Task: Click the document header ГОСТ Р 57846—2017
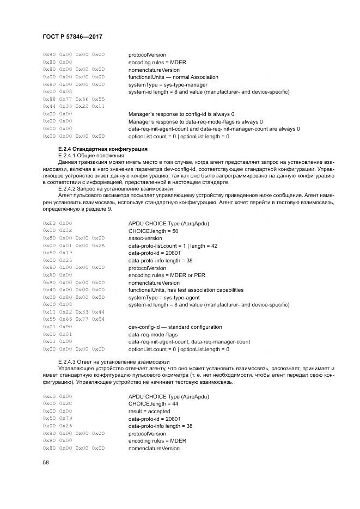(x=72, y=36)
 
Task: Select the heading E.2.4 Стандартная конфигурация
(x=103, y=149)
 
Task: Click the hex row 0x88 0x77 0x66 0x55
(x=74, y=99)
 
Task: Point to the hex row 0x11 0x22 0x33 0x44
(x=74, y=312)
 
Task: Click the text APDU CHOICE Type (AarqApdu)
(x=169, y=223)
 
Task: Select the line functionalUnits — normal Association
(x=173, y=77)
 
